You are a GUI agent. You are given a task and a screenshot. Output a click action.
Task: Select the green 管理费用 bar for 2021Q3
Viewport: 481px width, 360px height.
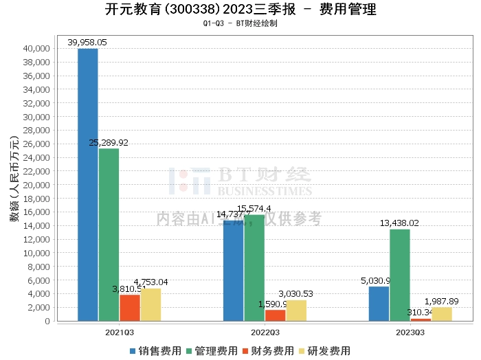click(x=109, y=234)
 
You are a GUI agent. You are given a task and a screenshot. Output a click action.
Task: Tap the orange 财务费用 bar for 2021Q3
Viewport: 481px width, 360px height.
click(x=130, y=308)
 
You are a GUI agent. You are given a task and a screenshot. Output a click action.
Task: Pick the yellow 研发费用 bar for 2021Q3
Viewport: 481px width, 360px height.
click(x=150, y=304)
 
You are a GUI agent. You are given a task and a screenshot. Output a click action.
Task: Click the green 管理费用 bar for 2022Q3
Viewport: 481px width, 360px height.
click(x=254, y=268)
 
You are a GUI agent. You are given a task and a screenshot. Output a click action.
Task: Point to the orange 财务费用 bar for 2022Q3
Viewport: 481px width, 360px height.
click(x=275, y=315)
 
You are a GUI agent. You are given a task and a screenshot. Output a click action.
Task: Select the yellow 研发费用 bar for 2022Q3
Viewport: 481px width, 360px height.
click(x=296, y=311)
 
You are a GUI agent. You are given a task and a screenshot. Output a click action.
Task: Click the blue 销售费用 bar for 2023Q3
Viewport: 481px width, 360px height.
click(x=379, y=304)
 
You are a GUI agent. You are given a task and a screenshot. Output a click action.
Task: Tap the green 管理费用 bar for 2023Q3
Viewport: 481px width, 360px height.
click(x=400, y=275)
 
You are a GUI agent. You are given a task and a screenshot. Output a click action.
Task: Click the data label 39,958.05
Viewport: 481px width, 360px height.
click(x=87, y=43)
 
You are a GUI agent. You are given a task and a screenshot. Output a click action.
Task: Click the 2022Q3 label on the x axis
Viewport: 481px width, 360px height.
click(x=265, y=332)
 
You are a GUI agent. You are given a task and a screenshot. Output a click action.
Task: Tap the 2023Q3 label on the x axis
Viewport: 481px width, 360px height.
click(x=410, y=332)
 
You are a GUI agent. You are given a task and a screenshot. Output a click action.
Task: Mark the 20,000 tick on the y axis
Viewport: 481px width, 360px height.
click(x=36, y=185)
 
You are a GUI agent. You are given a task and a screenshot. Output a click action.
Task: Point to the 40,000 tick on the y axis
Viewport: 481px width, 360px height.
click(x=36, y=49)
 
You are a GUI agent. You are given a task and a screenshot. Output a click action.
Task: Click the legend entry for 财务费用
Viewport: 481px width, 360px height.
click(x=265, y=350)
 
